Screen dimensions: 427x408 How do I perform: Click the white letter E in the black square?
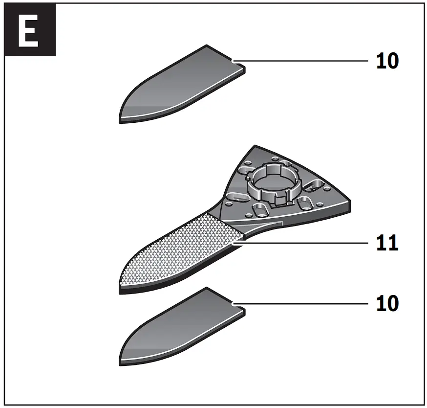(28, 30)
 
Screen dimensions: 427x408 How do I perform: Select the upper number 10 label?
(387, 61)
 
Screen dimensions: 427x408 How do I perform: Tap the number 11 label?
(387, 243)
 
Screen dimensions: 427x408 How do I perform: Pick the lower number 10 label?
(387, 304)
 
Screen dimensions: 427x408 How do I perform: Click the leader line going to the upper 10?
(303, 61)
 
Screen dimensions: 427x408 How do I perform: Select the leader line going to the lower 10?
(303, 304)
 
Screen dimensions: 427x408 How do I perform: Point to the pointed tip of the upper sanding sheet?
(120, 117)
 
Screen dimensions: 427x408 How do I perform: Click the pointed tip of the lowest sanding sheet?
(120, 361)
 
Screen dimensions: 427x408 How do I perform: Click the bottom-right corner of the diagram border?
(422, 404)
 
